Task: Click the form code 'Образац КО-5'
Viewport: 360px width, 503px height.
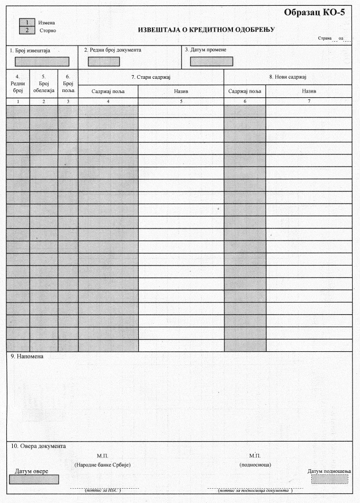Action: pyautogui.click(x=314, y=12)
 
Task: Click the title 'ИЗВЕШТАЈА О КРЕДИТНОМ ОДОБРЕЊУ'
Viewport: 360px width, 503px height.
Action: pyautogui.click(x=206, y=30)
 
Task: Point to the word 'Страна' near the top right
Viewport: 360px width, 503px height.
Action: pyautogui.click(x=325, y=38)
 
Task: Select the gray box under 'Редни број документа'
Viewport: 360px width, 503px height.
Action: pyautogui.click(x=104, y=61)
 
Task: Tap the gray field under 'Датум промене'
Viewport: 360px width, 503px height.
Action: pyautogui.click(x=211, y=61)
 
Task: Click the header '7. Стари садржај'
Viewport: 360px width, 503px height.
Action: pyautogui.click(x=150, y=77)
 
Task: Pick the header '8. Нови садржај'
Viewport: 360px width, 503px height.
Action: pyautogui.click(x=288, y=77)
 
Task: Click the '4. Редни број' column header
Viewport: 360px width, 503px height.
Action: pyautogui.click(x=17, y=84)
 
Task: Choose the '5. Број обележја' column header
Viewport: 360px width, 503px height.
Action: pyautogui.click(x=43, y=84)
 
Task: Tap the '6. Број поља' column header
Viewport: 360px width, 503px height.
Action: pyautogui.click(x=68, y=84)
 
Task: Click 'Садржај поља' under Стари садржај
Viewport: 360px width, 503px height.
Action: pyautogui.click(x=108, y=92)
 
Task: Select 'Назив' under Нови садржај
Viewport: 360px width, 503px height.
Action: pyautogui.click(x=309, y=92)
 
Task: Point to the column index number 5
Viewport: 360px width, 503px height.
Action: pyautogui.click(x=181, y=101)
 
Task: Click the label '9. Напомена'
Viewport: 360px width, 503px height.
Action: pyautogui.click(x=27, y=356)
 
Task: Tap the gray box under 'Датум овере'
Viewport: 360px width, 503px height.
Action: pyautogui.click(x=34, y=479)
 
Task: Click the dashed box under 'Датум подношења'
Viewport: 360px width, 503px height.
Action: pyautogui.click(x=330, y=479)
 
